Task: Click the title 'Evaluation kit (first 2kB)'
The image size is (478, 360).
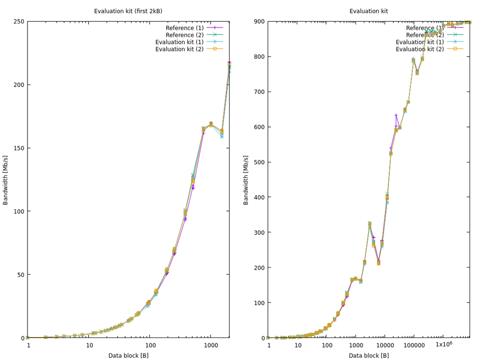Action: [x=128, y=11]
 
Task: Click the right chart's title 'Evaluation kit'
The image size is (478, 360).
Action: [x=368, y=11]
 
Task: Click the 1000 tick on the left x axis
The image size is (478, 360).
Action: [x=211, y=345]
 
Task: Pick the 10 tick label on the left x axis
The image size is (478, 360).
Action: [x=89, y=345]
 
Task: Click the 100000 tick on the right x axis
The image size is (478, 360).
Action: [x=413, y=345]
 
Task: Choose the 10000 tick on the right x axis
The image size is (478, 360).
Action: [x=384, y=345]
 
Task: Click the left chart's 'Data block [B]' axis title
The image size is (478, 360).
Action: [x=128, y=355]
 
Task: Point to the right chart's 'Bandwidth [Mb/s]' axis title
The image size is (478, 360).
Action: [x=246, y=179]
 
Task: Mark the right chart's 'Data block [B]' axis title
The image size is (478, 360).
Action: [x=368, y=355]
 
